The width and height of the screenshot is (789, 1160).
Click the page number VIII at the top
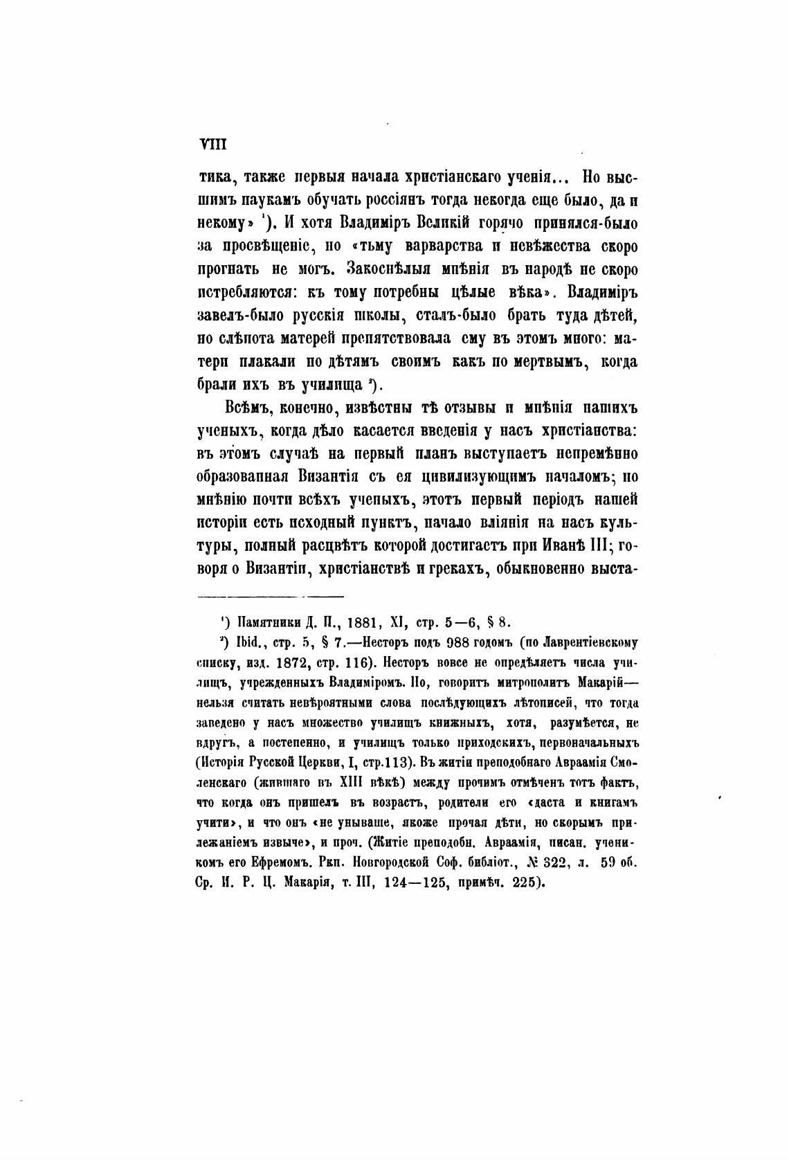click(x=209, y=145)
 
